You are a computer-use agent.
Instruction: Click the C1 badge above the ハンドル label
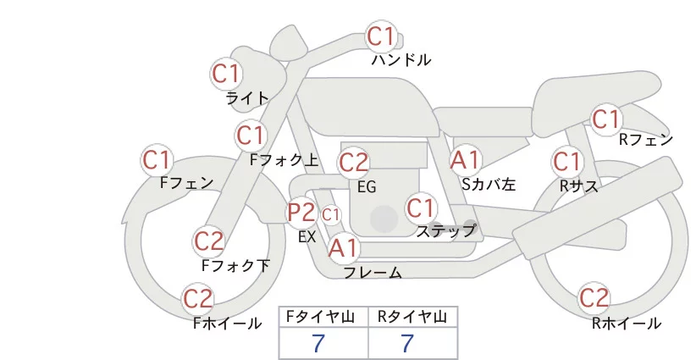pyautogui.click(x=380, y=36)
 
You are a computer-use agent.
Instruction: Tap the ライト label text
pyautogui.click(x=247, y=97)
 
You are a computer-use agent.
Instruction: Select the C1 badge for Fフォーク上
pyautogui.click(x=251, y=135)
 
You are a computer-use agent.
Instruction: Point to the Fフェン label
pyautogui.click(x=186, y=182)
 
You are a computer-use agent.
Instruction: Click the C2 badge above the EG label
pyautogui.click(x=353, y=162)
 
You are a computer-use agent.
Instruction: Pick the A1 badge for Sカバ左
pyautogui.click(x=465, y=159)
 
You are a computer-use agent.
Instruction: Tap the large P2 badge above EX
pyautogui.click(x=301, y=213)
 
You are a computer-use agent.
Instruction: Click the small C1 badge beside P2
pyautogui.click(x=330, y=215)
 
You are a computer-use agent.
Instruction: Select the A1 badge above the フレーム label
pyautogui.click(x=344, y=248)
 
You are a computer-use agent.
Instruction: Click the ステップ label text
pyautogui.click(x=446, y=230)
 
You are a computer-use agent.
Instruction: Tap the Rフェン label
pyautogui.click(x=645, y=140)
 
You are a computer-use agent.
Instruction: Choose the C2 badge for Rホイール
pyautogui.click(x=594, y=298)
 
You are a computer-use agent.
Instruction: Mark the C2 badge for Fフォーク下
pyautogui.click(x=208, y=241)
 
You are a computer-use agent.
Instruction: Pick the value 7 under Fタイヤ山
pyautogui.click(x=319, y=343)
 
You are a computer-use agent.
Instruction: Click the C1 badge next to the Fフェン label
pyautogui.click(x=157, y=159)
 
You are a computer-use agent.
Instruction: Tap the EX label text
pyautogui.click(x=307, y=237)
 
